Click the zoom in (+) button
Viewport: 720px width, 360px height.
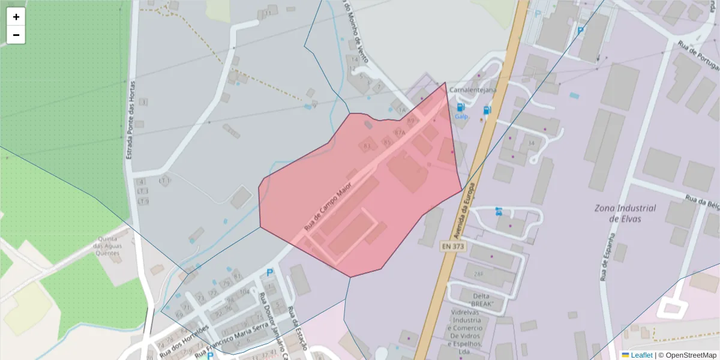tap(16, 17)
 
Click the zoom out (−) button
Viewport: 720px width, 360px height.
tap(16, 35)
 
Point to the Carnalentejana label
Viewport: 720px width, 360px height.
tap(473, 90)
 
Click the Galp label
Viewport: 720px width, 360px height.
tap(461, 116)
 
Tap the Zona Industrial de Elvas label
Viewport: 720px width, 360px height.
tap(625, 213)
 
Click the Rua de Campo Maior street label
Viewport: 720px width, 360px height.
tap(328, 208)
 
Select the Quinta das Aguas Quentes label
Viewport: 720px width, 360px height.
tap(108, 245)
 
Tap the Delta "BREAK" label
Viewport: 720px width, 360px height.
tap(481, 300)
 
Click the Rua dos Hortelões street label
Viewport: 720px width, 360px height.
tap(184, 342)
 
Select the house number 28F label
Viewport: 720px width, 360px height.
tap(478, 274)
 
